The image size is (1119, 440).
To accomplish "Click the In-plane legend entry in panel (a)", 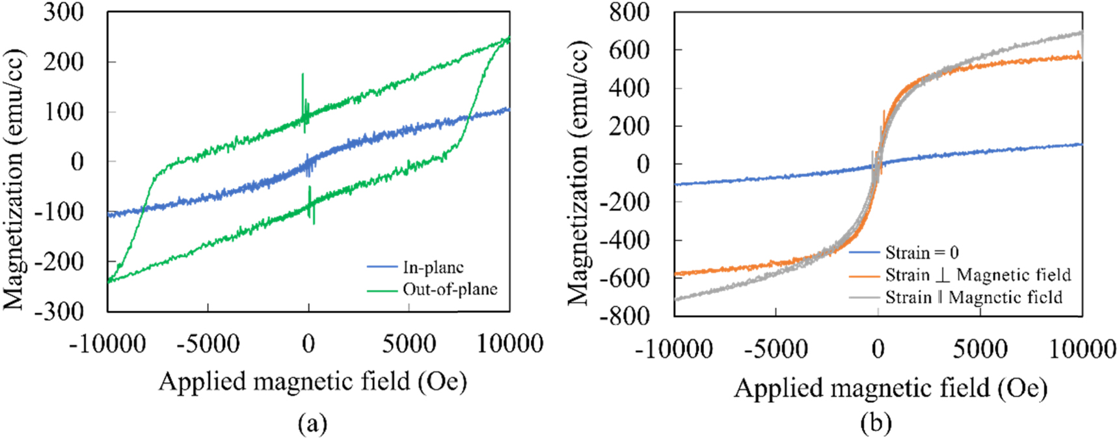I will (x=433, y=268).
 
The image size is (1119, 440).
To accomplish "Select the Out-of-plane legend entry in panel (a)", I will (x=450, y=289).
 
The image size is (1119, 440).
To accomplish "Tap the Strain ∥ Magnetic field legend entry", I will (x=973, y=297).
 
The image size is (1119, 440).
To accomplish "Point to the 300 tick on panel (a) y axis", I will (x=63, y=12).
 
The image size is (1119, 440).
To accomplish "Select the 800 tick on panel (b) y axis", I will (x=628, y=12).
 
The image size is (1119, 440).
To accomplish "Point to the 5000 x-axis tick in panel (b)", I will (x=980, y=350).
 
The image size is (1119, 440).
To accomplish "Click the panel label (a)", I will (x=312, y=424).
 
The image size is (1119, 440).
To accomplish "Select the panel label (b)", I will (x=876, y=424).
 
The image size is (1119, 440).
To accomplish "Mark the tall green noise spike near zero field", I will (x=303, y=88).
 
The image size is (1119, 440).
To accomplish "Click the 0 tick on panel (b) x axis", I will (x=878, y=350).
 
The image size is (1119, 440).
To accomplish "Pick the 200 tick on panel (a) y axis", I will (x=63, y=62).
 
